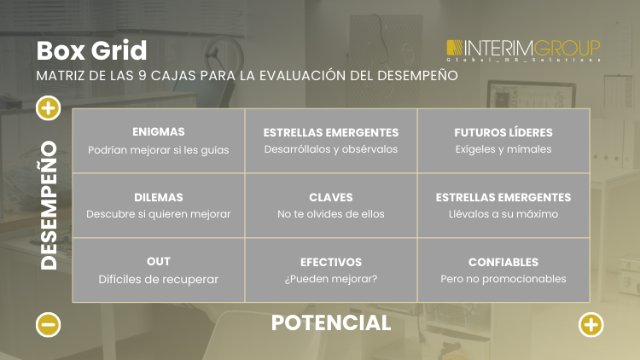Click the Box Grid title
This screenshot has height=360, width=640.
(x=91, y=50)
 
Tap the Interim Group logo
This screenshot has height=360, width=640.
(x=523, y=49)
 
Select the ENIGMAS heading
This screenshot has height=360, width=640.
(x=159, y=132)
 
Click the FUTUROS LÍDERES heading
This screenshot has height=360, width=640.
(x=503, y=132)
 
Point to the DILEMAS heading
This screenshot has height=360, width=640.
(x=159, y=197)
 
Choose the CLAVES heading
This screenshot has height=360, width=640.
(x=331, y=197)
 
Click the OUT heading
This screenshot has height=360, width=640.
(x=159, y=261)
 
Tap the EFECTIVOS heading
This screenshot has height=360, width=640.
(x=331, y=262)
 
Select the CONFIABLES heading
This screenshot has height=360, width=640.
(x=503, y=262)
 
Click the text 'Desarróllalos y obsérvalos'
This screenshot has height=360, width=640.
(x=331, y=149)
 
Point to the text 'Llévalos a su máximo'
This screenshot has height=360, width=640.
(x=503, y=214)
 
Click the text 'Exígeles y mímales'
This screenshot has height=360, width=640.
(x=503, y=149)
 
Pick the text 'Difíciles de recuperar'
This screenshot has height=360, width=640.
(x=159, y=279)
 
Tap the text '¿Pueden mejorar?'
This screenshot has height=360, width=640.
(x=331, y=279)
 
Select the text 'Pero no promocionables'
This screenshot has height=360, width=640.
(x=503, y=279)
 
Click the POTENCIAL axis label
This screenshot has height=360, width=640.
(x=331, y=322)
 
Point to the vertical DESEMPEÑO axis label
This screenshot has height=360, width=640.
(x=49, y=206)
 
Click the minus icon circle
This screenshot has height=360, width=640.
(x=49, y=324)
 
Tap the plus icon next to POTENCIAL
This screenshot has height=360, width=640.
(x=591, y=324)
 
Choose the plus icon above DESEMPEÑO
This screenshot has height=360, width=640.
(x=49, y=107)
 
